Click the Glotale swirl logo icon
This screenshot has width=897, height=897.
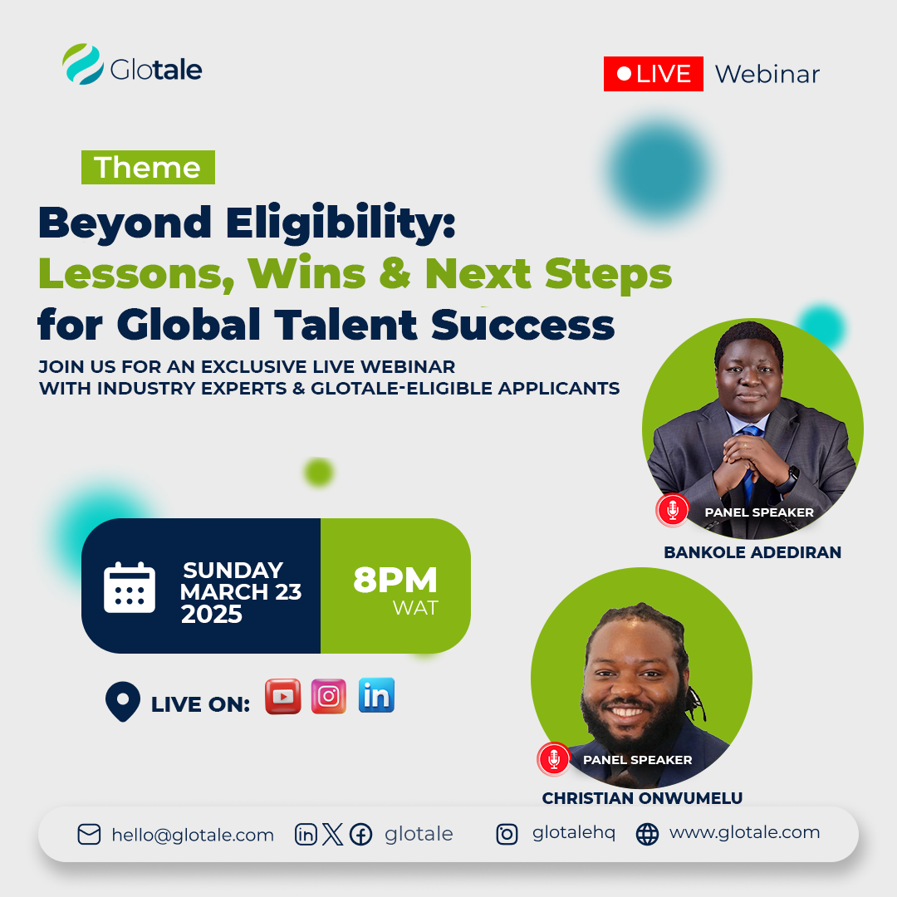[x=83, y=64]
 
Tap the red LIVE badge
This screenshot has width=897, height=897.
[x=654, y=74]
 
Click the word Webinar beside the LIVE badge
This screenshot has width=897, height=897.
[x=767, y=75]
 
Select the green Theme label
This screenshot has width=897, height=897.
[x=148, y=167]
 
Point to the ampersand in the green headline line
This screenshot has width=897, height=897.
[x=395, y=272]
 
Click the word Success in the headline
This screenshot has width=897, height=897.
[x=522, y=325]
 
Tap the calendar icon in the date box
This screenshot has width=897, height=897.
[x=130, y=587]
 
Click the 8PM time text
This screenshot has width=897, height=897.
[x=395, y=580]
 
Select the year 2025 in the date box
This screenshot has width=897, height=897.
[x=212, y=614]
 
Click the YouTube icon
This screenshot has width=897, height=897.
[x=283, y=696]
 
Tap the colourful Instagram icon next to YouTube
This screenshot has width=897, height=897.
[x=329, y=696]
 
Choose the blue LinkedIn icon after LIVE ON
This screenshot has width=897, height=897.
[x=376, y=695]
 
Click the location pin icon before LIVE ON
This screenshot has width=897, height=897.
[x=123, y=701]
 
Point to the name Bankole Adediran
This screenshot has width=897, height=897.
[x=752, y=552]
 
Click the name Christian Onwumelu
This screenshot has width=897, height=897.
[x=642, y=798]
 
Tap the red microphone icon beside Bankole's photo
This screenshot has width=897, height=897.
[x=673, y=509]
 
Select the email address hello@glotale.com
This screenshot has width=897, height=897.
[x=193, y=836]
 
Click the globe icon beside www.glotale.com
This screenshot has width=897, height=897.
[x=648, y=834]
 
